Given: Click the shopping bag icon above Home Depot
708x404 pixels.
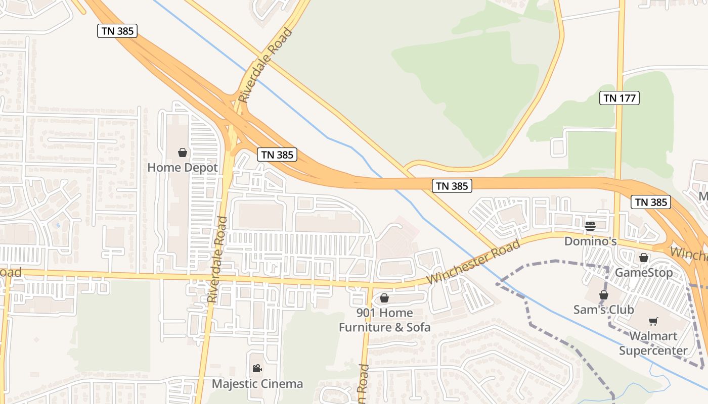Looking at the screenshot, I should coord(183,153).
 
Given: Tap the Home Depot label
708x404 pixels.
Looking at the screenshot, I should coord(183,167).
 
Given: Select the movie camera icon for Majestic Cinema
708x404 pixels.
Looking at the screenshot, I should coord(257,369).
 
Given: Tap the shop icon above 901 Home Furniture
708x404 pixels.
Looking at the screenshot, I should coord(384,298).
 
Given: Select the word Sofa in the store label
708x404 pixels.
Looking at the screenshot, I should coord(418,327).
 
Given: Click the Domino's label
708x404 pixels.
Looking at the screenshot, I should coord(590,241).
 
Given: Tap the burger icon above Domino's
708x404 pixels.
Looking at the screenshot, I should coord(590,226).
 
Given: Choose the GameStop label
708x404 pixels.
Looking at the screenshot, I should coord(644,273).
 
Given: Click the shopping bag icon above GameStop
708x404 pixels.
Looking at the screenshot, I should coord(644,258).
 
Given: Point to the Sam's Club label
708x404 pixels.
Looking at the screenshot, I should coord(603,309).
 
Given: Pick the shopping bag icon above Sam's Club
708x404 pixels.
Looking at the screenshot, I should coord(603,295).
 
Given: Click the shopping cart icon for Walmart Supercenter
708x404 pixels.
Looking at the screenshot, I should coord(653,321).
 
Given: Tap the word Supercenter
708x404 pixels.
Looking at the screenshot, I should coord(653,350).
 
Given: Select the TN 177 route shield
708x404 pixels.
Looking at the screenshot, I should coord(619,98).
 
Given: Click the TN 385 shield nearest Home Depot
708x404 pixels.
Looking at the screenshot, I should coord(277,155).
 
